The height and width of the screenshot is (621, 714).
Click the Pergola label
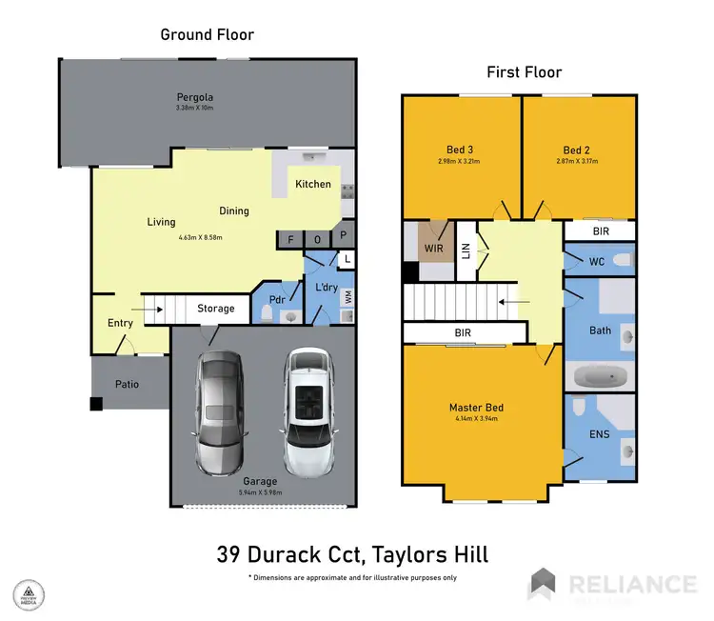click(x=194, y=97)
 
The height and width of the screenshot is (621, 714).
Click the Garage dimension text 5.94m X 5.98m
click(x=260, y=492)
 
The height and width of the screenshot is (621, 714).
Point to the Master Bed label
click(x=476, y=408)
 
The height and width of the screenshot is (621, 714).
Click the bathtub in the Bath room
click(x=600, y=377)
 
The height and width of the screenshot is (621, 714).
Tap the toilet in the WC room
click(x=621, y=259)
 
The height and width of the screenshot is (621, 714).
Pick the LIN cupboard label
click(x=466, y=250)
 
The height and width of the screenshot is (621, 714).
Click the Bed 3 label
click(x=461, y=150)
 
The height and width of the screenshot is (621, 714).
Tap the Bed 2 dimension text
click(x=576, y=162)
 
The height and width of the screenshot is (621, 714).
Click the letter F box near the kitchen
click(x=289, y=240)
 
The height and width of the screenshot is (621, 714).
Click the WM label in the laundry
click(x=348, y=297)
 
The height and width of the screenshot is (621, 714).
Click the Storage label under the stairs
click(x=216, y=309)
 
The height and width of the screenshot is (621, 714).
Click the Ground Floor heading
click(x=207, y=34)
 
